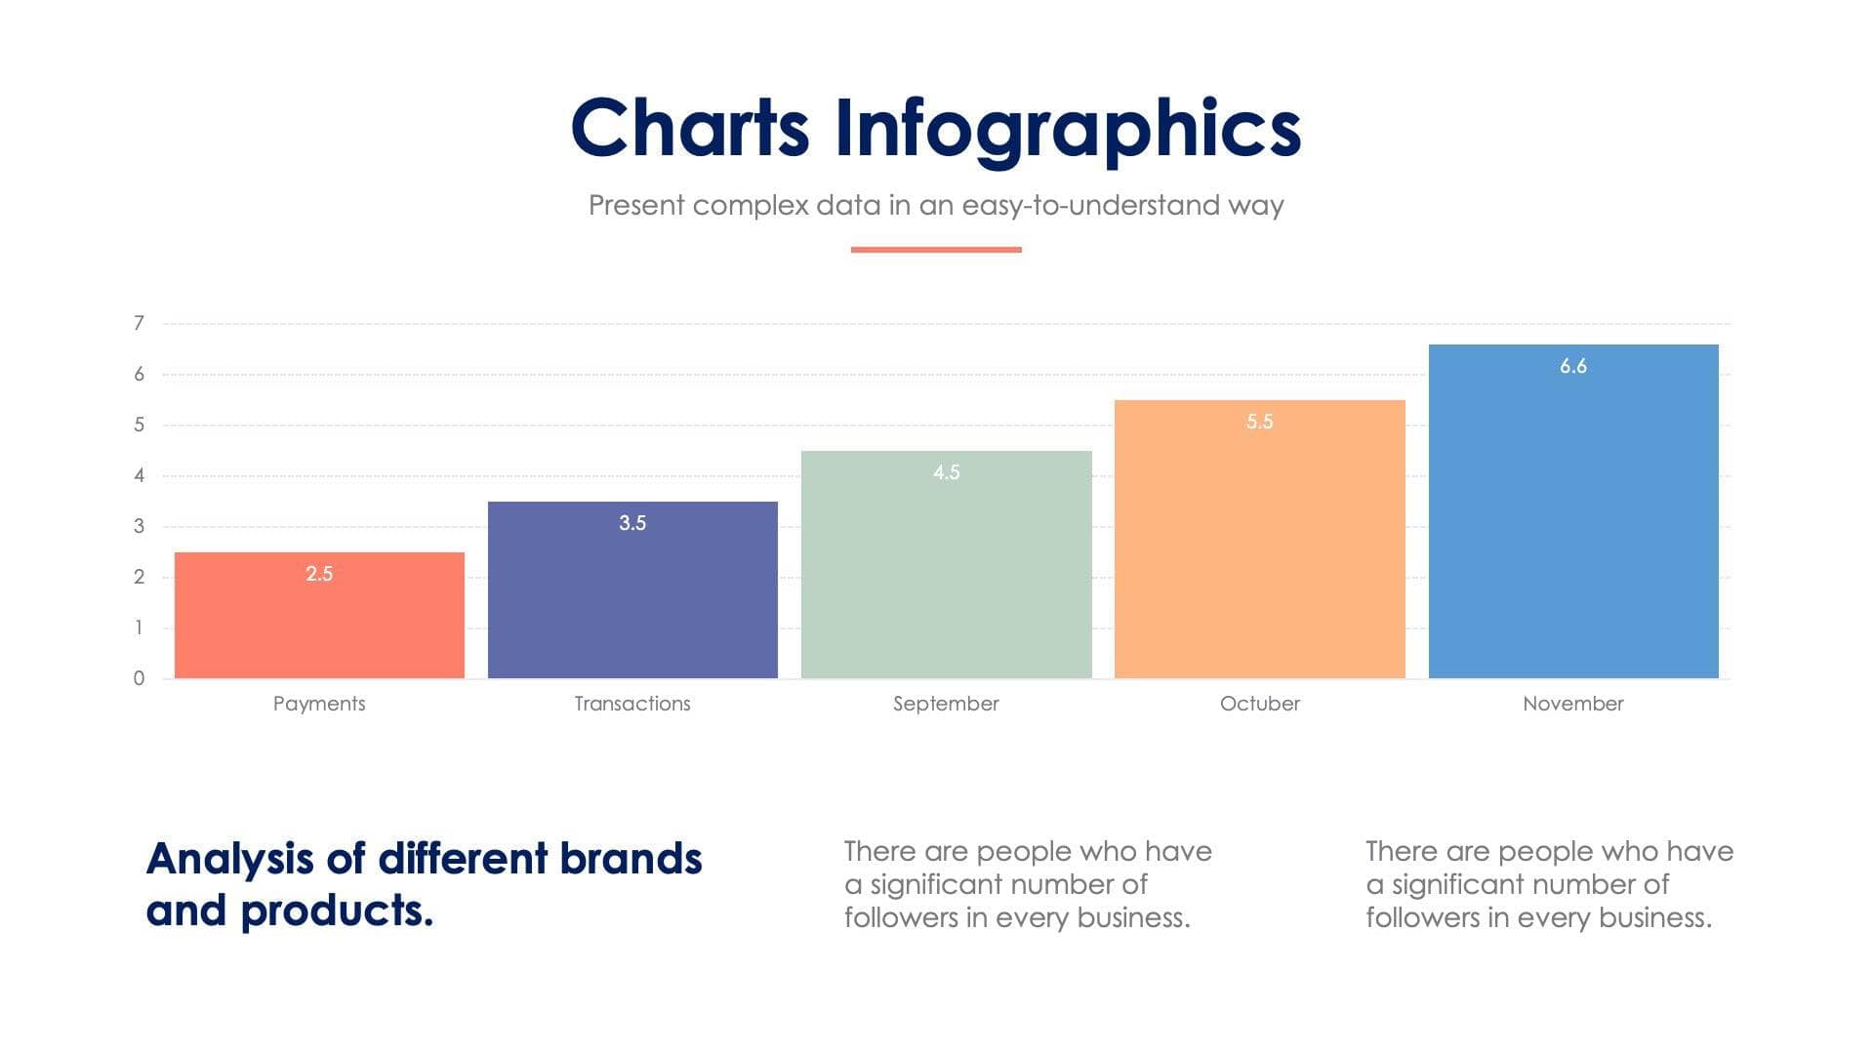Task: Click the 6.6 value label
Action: coord(1573,366)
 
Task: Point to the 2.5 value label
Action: coord(319,574)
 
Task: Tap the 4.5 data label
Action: coord(946,472)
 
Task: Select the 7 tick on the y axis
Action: coord(139,323)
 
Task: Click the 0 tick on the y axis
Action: coord(139,678)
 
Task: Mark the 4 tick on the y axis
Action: coord(139,475)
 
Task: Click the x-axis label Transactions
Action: coord(632,704)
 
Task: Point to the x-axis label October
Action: coord(1259,704)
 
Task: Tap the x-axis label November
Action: coord(1573,704)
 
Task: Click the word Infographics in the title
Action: coord(1068,130)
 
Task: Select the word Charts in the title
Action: coord(690,128)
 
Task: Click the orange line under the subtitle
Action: coord(936,250)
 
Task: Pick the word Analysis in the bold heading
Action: coord(230,860)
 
